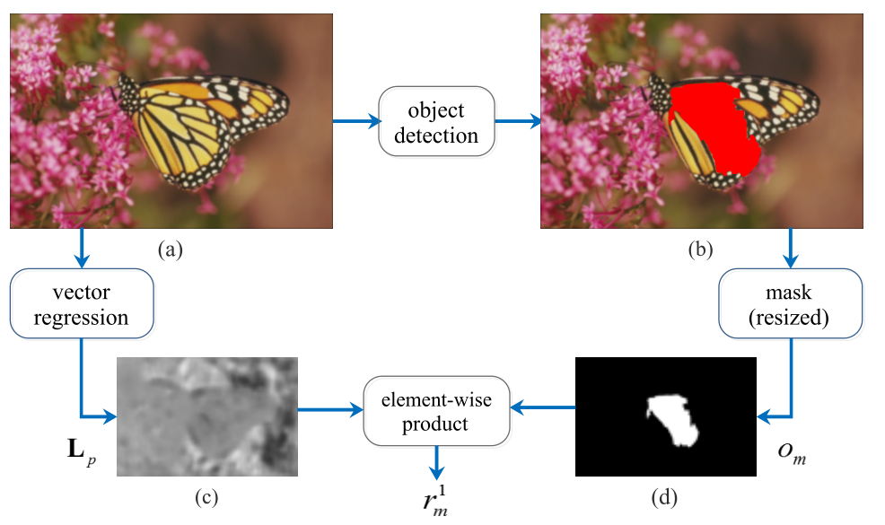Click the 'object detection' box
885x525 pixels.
tap(437, 121)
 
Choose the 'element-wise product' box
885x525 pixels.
tap(435, 412)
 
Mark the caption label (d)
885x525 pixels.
tap(662, 495)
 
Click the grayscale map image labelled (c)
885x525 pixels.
tap(206, 416)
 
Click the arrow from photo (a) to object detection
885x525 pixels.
tap(355, 121)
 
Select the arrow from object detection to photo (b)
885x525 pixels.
tap(517, 121)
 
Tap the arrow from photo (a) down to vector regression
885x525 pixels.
tap(83, 249)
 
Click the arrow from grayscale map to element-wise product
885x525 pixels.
tap(329, 412)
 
